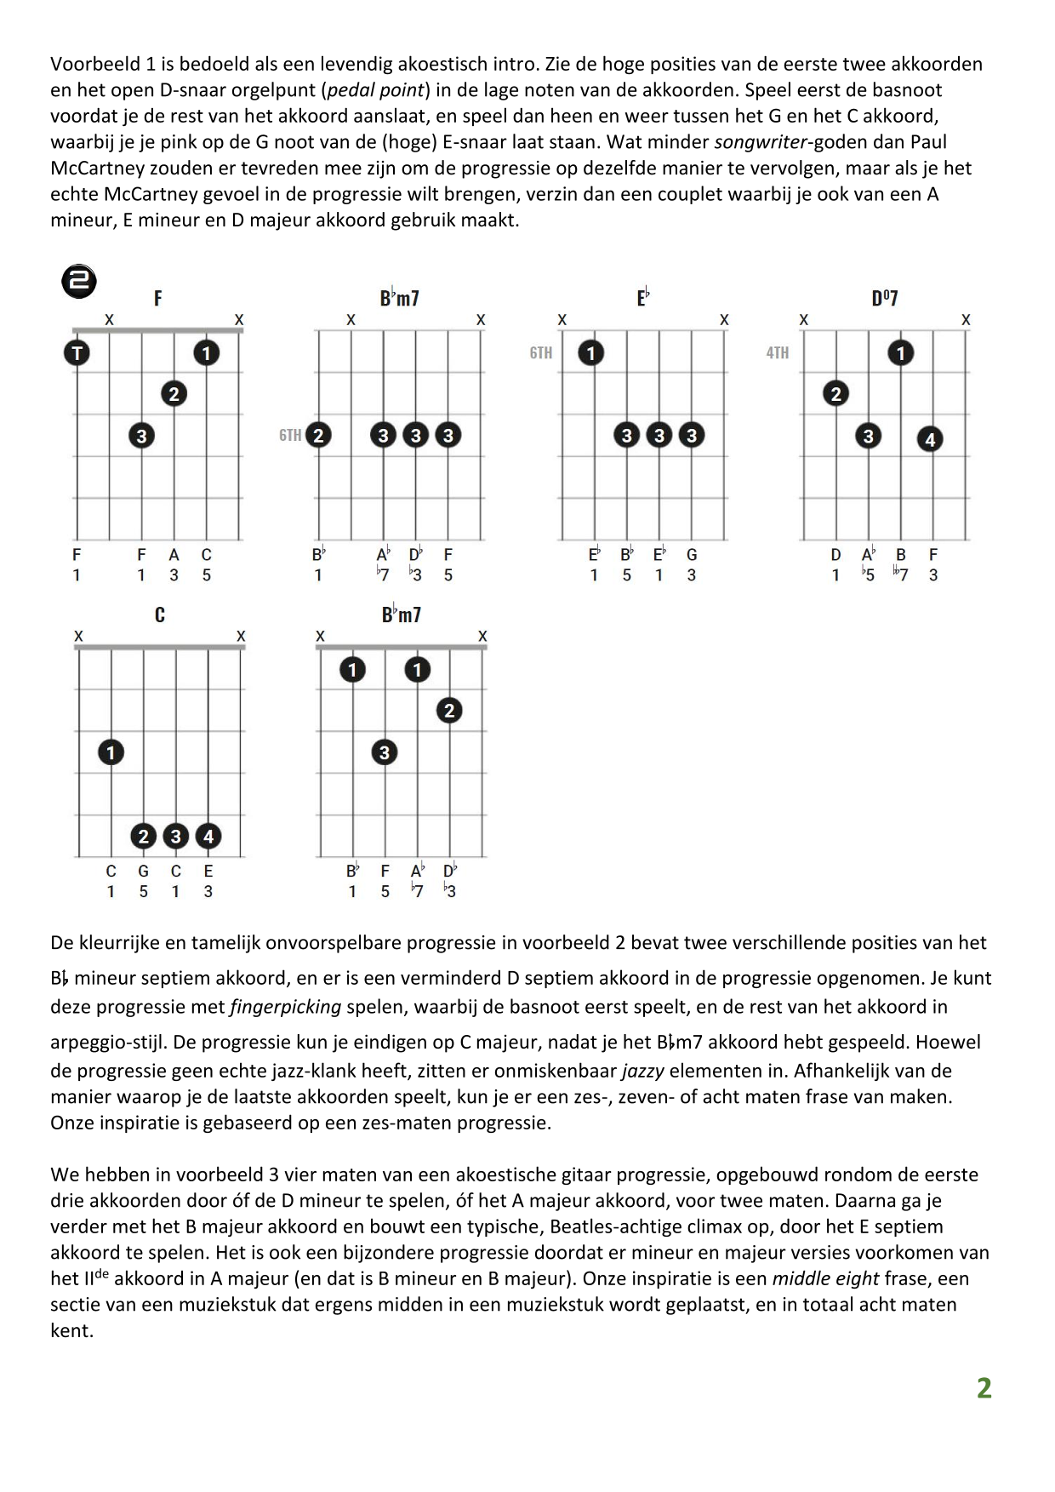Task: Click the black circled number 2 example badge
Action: coord(79,282)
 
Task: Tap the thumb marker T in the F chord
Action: coord(77,352)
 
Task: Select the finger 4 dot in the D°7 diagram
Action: coord(930,439)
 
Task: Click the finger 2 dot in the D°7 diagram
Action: coord(835,393)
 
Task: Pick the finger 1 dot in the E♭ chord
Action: coord(591,352)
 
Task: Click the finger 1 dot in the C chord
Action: coord(111,752)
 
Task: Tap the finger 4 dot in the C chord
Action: coord(208,836)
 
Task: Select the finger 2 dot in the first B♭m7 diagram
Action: coord(318,435)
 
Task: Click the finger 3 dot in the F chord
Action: coord(141,436)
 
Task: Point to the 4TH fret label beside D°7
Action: coord(777,352)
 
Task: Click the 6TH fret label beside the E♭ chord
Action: coord(540,352)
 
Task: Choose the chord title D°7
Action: coord(885,298)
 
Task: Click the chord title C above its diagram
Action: coord(159,615)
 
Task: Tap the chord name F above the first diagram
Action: coord(158,298)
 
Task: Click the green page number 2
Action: coord(984,1388)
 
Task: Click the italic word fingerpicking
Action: coord(285,1007)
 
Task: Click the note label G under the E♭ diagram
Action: coord(692,555)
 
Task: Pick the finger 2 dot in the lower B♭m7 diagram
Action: coord(449,711)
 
